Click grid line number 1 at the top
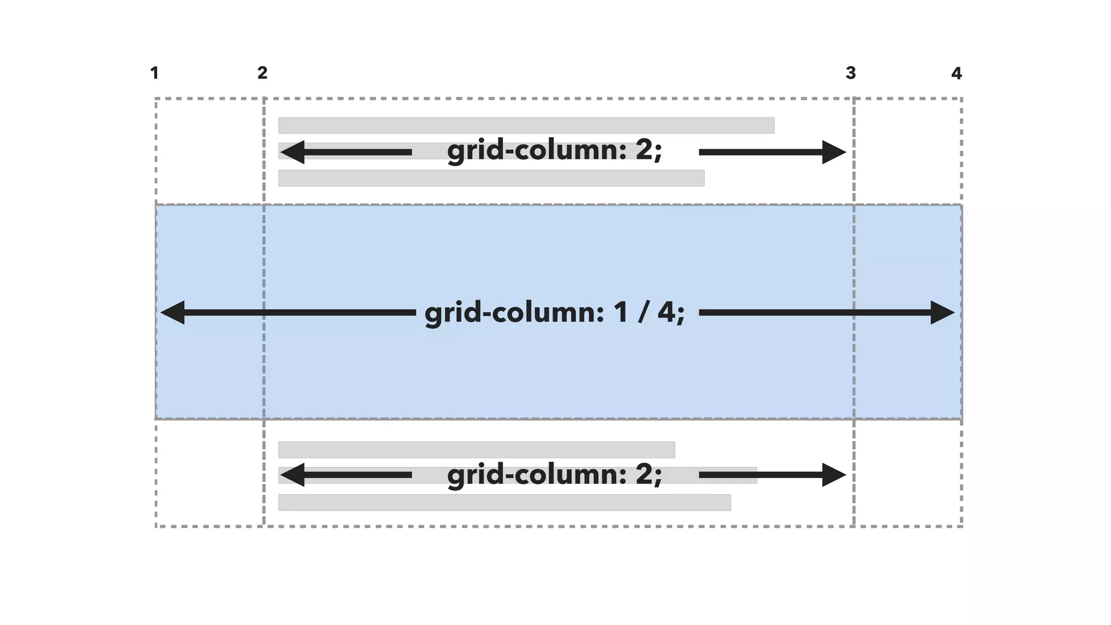pos(155,73)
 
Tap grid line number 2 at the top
pos(263,73)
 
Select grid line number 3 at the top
pos(851,73)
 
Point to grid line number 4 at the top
pos(956,73)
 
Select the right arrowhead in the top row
pos(834,152)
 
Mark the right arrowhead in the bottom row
pos(834,475)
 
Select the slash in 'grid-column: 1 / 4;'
pos(643,312)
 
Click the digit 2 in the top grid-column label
pos(644,150)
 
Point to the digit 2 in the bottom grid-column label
pos(644,474)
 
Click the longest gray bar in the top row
pos(526,125)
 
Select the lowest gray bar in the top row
pos(491,178)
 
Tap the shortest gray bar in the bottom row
pos(476,450)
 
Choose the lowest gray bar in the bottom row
pos(505,502)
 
